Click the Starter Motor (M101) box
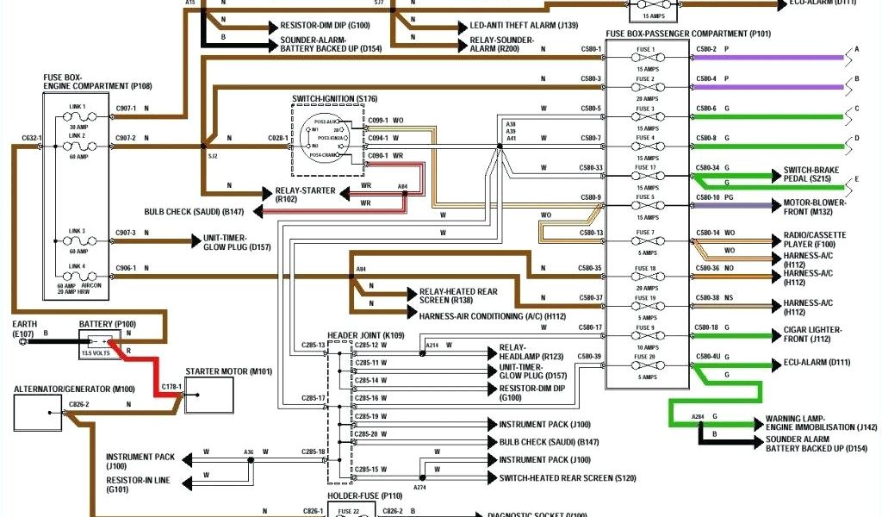click(x=209, y=395)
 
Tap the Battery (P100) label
click(x=107, y=323)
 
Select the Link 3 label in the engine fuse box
click(x=78, y=232)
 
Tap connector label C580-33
click(x=591, y=167)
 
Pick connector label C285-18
click(x=314, y=452)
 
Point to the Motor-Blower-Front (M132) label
click(x=814, y=207)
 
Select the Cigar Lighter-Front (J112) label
click(x=812, y=334)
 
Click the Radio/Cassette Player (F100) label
click(x=814, y=240)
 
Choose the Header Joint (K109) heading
click(x=366, y=334)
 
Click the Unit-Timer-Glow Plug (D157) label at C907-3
click(x=237, y=243)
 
